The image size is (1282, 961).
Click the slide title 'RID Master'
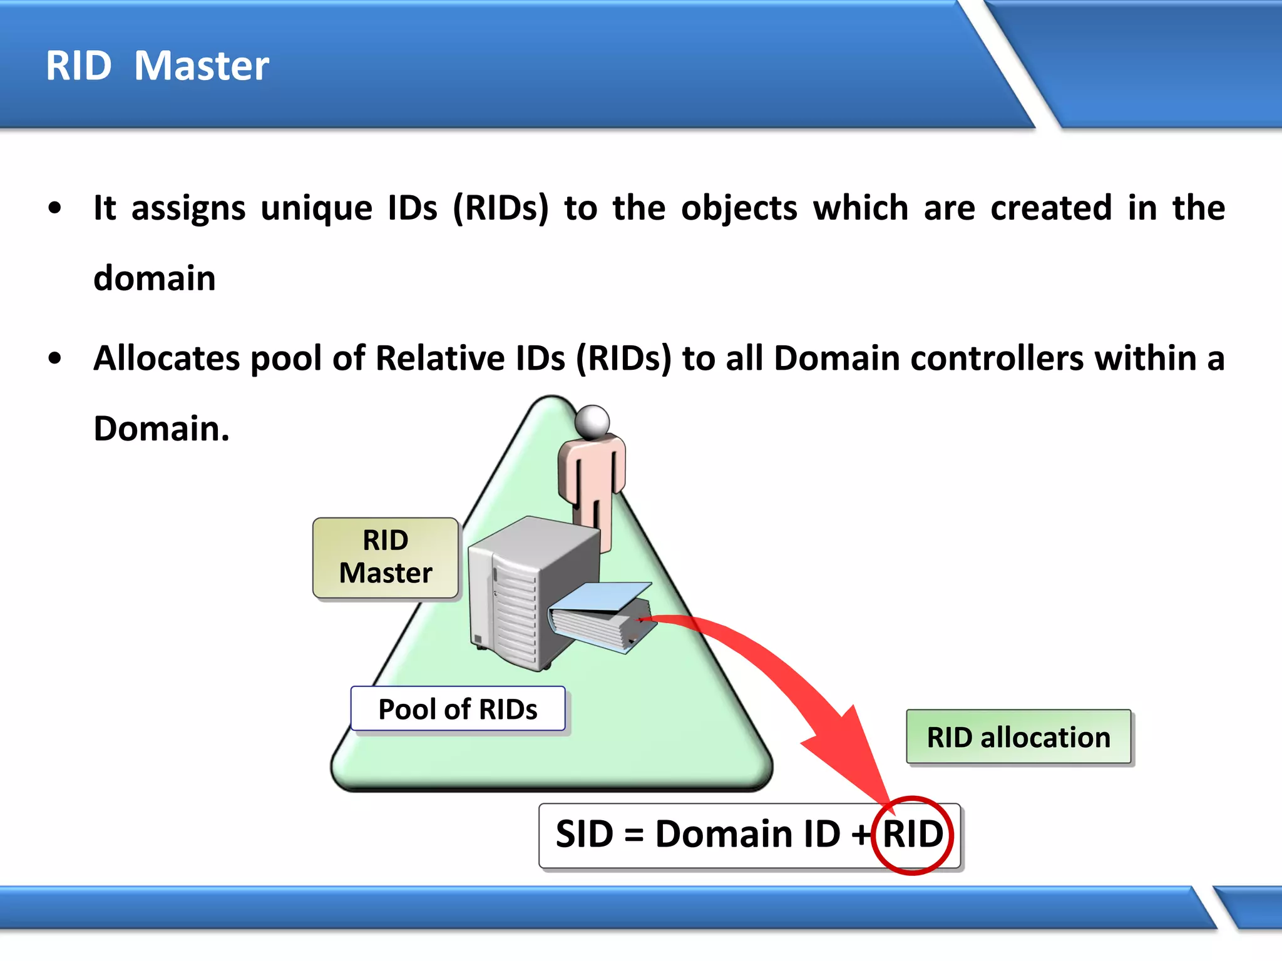tap(157, 66)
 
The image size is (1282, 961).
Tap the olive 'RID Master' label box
tap(386, 557)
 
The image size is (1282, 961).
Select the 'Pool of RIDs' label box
tap(458, 709)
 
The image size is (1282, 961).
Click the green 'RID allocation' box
tap(1018, 737)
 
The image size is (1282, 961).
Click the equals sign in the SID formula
tap(634, 836)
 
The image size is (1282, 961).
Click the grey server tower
tap(520, 594)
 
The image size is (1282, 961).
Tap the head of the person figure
tap(592, 422)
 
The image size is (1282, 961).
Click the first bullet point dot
tap(55, 208)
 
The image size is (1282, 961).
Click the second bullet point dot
tap(55, 359)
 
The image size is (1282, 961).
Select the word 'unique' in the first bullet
tap(316, 208)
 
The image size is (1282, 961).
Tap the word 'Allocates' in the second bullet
tap(167, 358)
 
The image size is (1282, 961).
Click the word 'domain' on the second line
tap(154, 278)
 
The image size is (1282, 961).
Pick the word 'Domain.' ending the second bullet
tap(162, 429)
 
